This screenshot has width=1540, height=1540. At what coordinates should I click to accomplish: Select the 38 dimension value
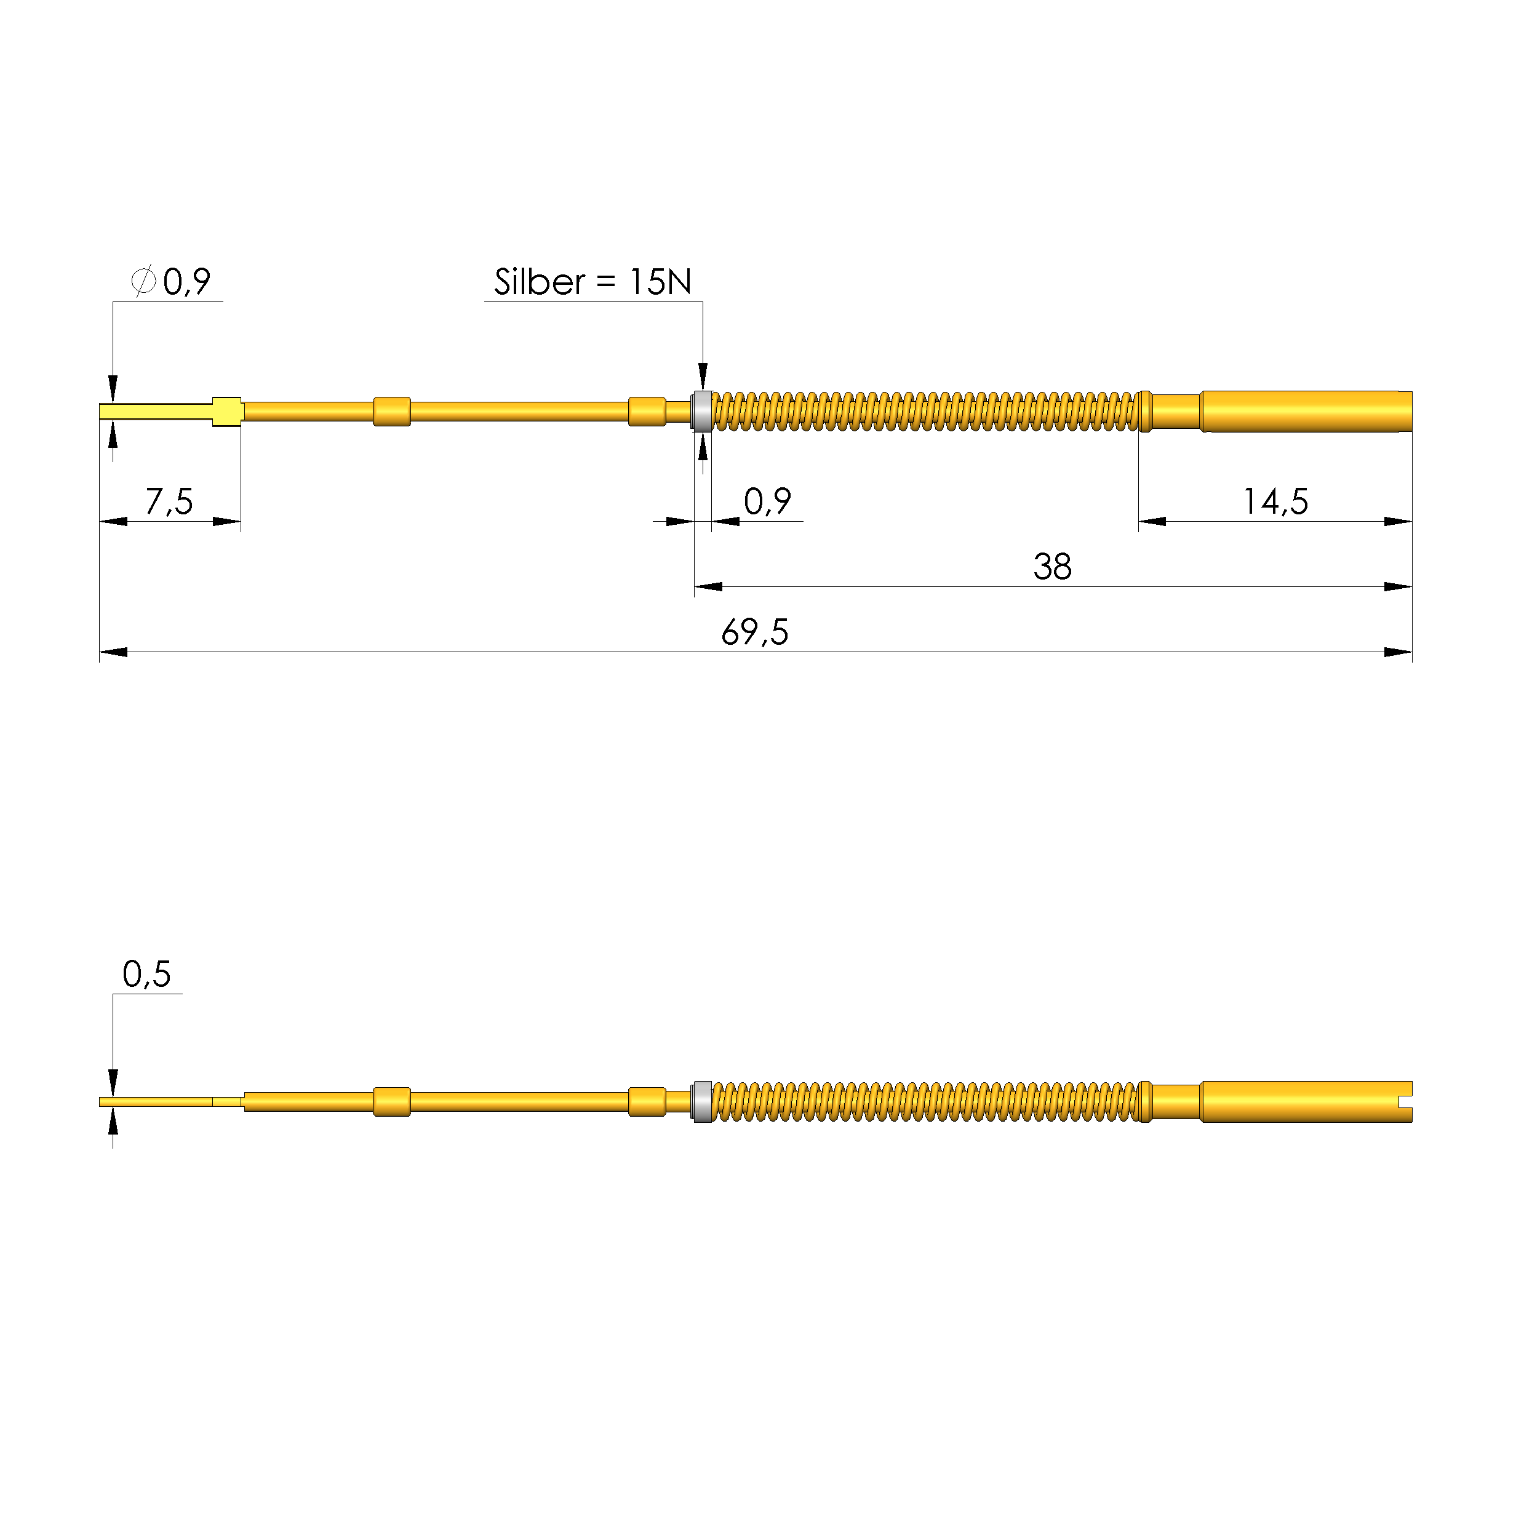[1051, 567]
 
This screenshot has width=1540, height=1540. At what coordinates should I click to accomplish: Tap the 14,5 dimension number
[1275, 501]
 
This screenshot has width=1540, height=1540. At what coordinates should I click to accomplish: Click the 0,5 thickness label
[146, 973]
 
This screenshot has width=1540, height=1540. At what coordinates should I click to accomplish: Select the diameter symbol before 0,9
[143, 281]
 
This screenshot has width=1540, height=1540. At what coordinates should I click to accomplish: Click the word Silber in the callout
[539, 281]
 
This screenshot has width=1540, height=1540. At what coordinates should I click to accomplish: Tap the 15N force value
[660, 281]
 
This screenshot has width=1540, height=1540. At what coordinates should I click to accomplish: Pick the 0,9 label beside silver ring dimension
[767, 501]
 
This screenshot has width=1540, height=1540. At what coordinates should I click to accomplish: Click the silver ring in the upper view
[702, 412]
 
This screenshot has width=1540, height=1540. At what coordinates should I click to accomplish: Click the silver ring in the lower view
[702, 1101]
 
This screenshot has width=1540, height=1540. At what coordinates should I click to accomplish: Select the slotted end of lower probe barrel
[1403, 1101]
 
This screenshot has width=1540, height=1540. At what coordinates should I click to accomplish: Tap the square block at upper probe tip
[227, 412]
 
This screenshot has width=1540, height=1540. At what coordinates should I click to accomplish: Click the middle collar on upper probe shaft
[391, 412]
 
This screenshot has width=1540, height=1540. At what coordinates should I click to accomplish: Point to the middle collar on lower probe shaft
[391, 1101]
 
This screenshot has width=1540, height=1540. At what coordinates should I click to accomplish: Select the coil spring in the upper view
[925, 412]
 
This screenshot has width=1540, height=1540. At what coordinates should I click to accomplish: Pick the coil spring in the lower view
[925, 1101]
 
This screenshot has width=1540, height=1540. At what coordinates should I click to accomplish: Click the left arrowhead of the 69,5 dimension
[113, 652]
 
